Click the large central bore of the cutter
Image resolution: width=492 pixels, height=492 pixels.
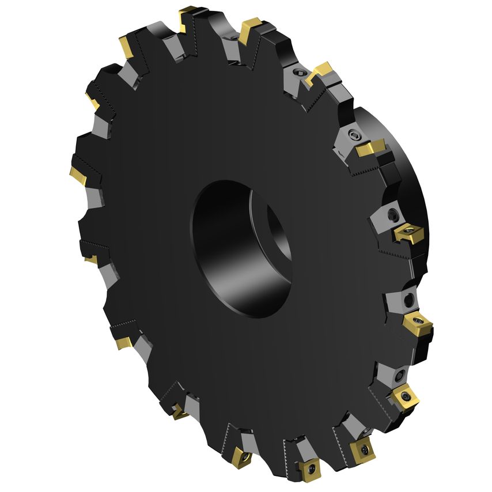coord(230,248)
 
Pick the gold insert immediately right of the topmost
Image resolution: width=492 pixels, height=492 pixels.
coord(250,25)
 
